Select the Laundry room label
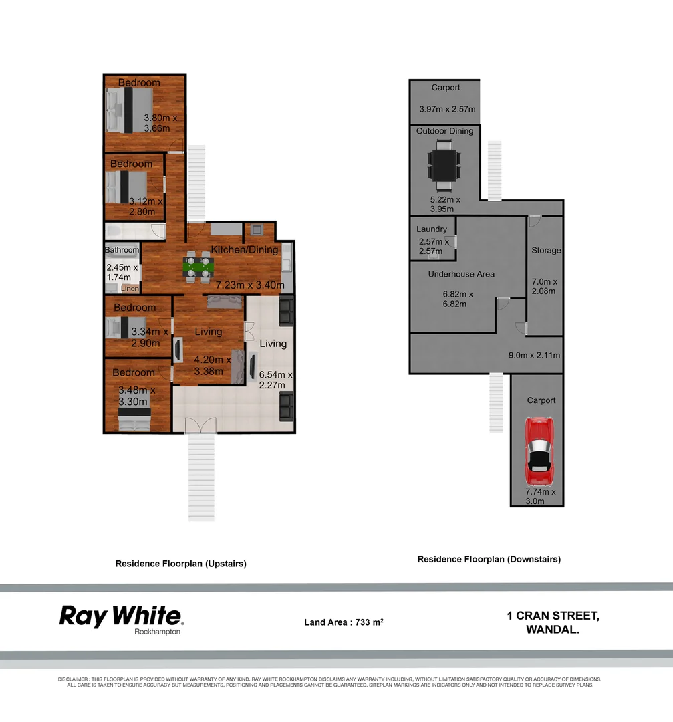[431, 229]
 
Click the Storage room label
[546, 251]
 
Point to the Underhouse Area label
[461, 274]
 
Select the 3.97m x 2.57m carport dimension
[446, 109]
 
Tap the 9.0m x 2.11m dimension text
[534, 356]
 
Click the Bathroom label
[122, 251]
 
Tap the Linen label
[130, 289]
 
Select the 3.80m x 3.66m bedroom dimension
[160, 123]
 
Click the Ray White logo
[121, 618]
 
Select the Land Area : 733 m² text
[344, 622]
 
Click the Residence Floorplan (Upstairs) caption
[181, 564]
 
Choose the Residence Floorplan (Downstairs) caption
[489, 559]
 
